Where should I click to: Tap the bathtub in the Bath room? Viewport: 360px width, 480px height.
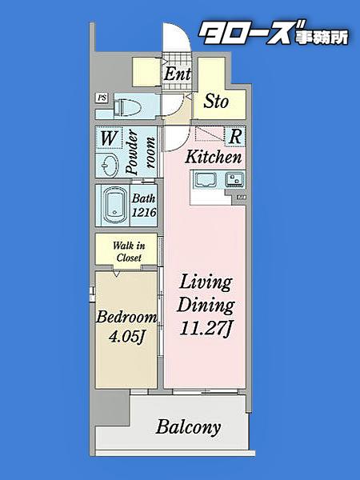point(114,206)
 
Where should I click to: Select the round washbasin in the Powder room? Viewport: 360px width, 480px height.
point(109,165)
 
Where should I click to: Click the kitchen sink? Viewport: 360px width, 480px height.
point(206,180)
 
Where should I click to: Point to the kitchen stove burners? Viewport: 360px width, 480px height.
point(234,180)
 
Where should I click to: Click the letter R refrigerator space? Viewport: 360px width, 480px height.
point(235,137)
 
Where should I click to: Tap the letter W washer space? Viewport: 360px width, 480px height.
point(108,138)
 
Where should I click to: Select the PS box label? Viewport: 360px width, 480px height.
point(102,98)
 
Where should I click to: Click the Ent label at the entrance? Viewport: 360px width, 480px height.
point(177,74)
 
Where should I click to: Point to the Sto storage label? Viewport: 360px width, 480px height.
point(216,101)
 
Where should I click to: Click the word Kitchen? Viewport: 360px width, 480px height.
point(214,157)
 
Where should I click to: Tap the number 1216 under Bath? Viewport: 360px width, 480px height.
point(144,212)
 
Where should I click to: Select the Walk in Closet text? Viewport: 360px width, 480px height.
point(129,252)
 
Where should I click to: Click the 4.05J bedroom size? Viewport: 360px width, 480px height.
point(126,337)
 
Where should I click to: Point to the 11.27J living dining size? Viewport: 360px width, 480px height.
point(205,329)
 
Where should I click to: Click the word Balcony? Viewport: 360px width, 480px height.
point(188,427)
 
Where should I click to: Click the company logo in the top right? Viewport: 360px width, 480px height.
point(273,34)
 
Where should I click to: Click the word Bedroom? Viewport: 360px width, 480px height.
point(126,317)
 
